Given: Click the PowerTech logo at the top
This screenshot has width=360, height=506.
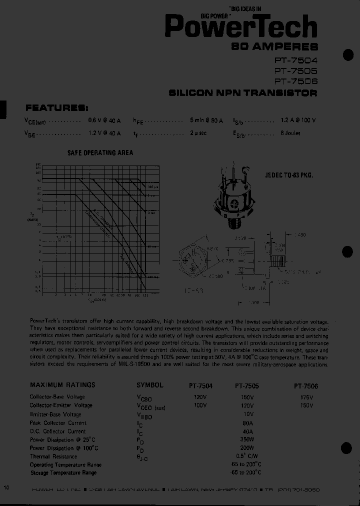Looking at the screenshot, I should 241,26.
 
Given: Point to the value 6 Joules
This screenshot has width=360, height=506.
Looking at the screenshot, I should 291,133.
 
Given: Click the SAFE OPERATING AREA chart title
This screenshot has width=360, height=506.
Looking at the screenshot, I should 100,152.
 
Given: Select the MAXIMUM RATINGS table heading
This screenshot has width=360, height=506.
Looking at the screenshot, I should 62,385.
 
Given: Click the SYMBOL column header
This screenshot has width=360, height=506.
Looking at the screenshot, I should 150,385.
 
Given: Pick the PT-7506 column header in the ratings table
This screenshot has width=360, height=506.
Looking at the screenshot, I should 306,386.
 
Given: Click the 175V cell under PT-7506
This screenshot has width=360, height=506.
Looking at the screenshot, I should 307,397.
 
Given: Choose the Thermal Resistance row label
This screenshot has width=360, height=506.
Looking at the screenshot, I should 53,456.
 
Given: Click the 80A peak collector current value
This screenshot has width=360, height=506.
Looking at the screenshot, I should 247,422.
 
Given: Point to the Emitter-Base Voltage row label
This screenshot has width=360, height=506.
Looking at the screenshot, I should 55,414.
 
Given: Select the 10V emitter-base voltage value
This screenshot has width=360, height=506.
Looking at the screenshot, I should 247,414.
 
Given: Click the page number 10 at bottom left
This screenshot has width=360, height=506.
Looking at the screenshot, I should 6,487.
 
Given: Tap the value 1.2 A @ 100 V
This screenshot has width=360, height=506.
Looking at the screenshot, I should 298,120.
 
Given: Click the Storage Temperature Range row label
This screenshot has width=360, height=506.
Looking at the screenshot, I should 63,473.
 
